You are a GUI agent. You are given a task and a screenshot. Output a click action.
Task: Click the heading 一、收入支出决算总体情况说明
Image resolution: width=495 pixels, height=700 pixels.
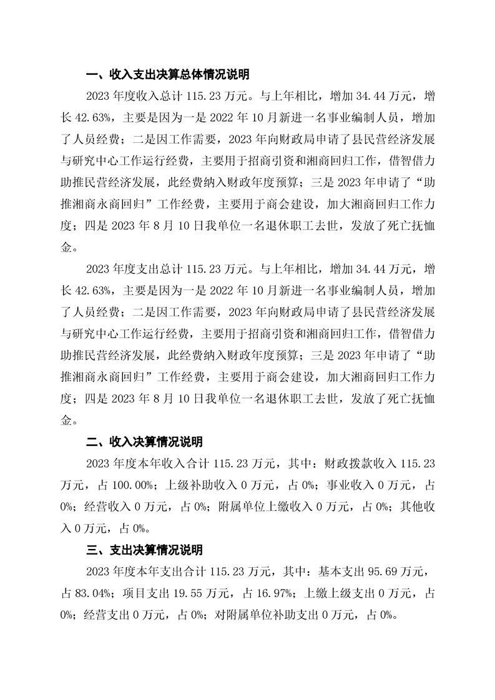point(167,75)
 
